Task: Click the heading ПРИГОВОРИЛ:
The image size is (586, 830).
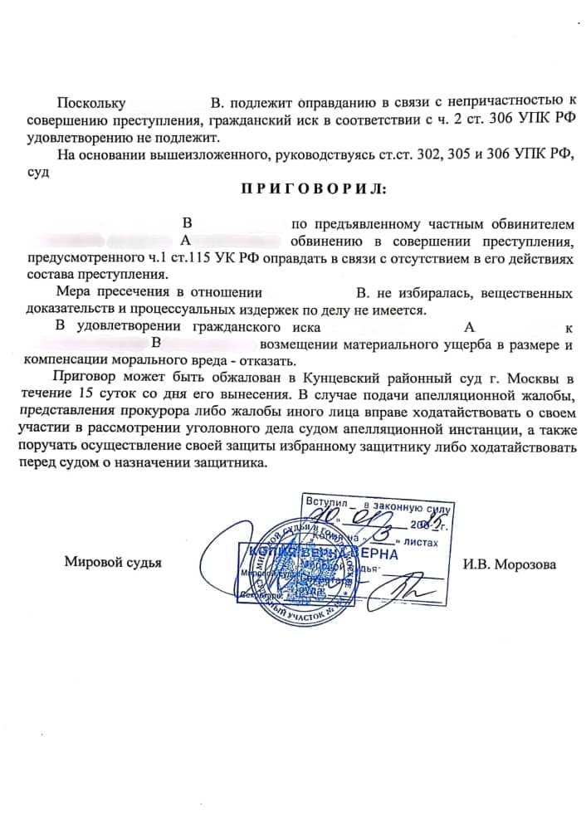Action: pos(313,188)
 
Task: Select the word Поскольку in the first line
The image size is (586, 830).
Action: pos(90,104)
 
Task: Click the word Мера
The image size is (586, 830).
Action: pos(73,293)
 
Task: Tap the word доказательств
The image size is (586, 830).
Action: pos(66,310)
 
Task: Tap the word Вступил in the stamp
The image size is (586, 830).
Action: pos(325,502)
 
